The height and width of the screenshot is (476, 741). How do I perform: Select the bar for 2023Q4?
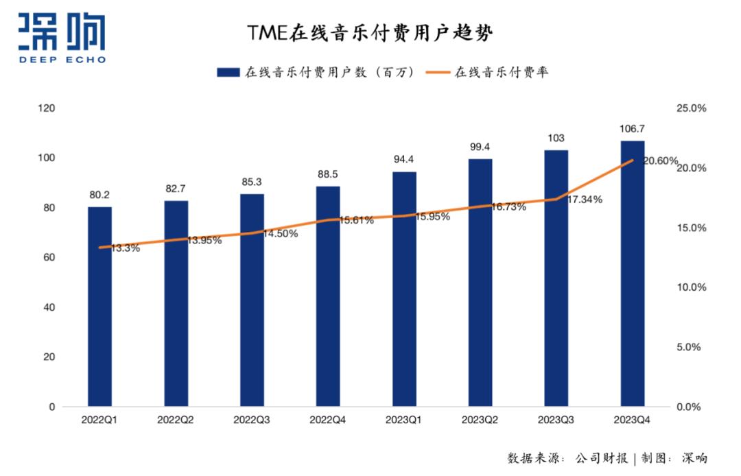[x=633, y=274]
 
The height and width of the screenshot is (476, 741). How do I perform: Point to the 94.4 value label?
[x=404, y=160]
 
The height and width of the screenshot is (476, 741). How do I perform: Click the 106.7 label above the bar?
[x=633, y=128]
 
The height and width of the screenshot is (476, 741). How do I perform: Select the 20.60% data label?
[x=660, y=160]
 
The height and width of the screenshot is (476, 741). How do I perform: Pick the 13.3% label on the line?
[x=126, y=248]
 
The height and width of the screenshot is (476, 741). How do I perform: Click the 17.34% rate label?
[x=585, y=200]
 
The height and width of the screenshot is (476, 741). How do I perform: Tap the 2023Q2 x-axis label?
[x=480, y=420]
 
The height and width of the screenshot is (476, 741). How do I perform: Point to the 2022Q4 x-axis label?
[x=328, y=420]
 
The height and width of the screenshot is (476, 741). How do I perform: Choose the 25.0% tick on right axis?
[x=691, y=108]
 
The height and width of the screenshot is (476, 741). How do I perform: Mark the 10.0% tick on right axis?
[x=691, y=287]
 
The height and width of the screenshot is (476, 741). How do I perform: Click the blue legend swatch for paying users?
[x=228, y=71]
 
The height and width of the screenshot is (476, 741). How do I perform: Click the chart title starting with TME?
[x=370, y=33]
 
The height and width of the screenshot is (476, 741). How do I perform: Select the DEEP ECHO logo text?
[x=62, y=59]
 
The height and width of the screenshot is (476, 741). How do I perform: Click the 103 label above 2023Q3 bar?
[x=556, y=138]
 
